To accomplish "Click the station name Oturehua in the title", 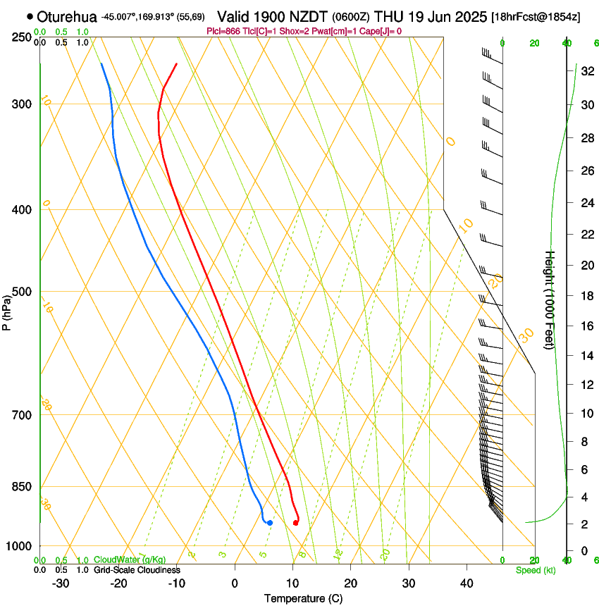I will click(66, 16).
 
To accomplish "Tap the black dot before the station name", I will click(30, 16).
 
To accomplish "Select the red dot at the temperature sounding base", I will click(295, 522).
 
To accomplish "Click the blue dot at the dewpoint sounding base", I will click(270, 522).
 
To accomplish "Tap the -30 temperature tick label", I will click(61, 583).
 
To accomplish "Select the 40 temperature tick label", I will click(466, 583).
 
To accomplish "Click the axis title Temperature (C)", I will click(303, 598).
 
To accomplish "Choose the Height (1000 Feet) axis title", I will click(550, 299).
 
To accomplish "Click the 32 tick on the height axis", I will click(585, 70).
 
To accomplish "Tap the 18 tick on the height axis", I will click(585, 296).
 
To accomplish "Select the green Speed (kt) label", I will click(535, 570).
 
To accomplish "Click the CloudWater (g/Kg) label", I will click(130, 559).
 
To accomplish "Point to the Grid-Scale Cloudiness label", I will click(137, 570).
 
